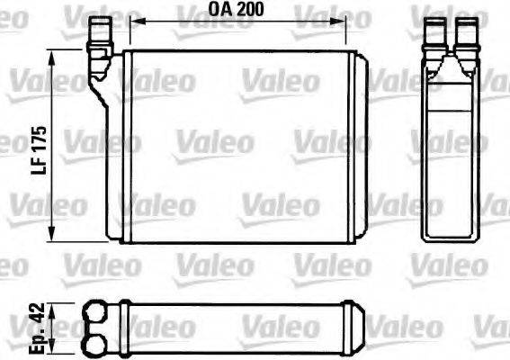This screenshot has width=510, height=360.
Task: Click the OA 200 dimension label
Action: pos(242,12)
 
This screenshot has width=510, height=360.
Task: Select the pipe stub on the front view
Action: pos(98,36)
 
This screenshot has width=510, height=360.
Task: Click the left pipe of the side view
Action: pos(436,31)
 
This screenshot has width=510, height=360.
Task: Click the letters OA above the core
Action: pos(221,12)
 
